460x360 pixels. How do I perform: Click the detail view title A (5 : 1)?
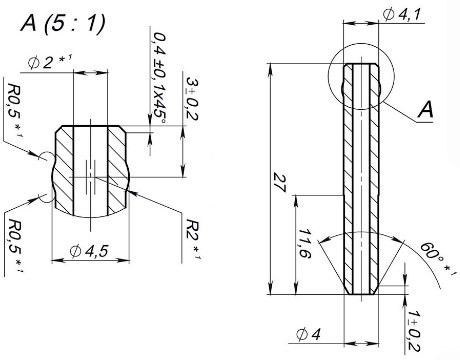click(63, 24)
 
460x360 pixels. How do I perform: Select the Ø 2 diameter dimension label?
click(49, 63)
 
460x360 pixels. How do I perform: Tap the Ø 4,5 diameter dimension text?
click(89, 251)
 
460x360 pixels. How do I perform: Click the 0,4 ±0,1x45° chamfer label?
click(159, 79)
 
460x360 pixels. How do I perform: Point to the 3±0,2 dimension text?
click(192, 99)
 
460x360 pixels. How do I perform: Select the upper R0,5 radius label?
click(15, 110)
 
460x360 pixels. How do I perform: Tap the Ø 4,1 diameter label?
click(402, 15)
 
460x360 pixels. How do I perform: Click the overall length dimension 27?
click(279, 182)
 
